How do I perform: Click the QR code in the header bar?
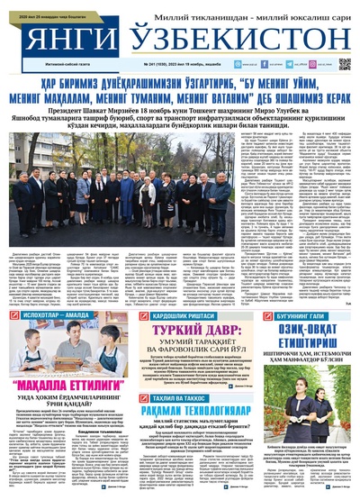click(x=344, y=64)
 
